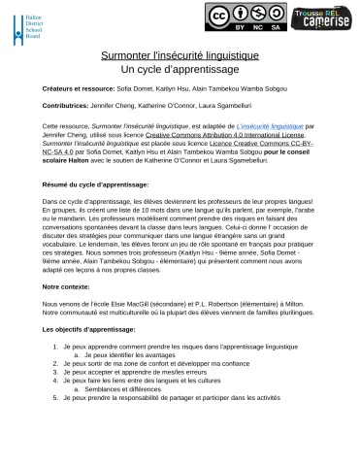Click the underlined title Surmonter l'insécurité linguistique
pos(180,57)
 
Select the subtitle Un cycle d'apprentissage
pos(180,70)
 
